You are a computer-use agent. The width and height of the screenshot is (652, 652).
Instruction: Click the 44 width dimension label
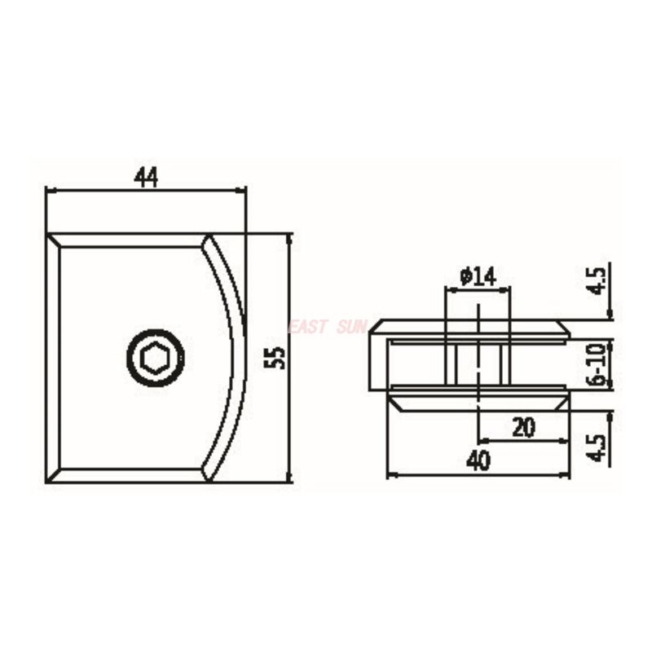coord(146,177)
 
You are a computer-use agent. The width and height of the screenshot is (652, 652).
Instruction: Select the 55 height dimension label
coord(276,357)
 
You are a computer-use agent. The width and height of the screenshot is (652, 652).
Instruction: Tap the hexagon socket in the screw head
coord(155,358)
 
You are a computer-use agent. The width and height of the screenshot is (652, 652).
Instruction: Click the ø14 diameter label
coord(478,277)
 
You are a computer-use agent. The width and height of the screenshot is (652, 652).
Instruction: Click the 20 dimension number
coord(522,427)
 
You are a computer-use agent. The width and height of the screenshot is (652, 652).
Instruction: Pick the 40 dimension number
coord(478,461)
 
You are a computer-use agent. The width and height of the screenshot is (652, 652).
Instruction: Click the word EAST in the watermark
coord(307,327)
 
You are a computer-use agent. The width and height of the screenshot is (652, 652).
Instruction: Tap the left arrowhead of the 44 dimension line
coord(50,191)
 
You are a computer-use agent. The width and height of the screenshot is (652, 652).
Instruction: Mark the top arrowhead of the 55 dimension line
coord(289,238)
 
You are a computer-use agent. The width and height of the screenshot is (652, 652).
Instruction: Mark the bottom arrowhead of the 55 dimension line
coord(289,478)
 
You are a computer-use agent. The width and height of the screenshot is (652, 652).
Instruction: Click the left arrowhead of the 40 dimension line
coord(390,474)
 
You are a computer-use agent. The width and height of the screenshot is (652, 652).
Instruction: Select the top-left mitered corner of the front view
coord(54,240)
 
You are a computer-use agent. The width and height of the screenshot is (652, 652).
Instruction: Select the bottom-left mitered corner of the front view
coord(54,475)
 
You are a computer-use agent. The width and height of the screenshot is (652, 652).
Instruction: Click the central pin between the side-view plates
coord(478,362)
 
